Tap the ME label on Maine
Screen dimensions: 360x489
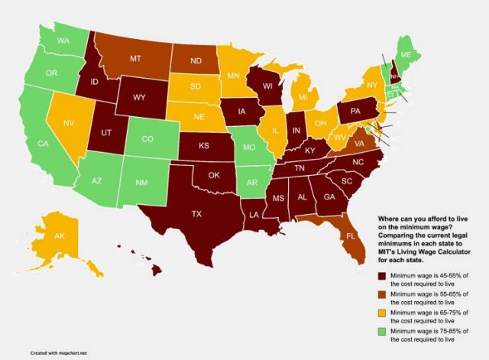click(428, 55)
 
